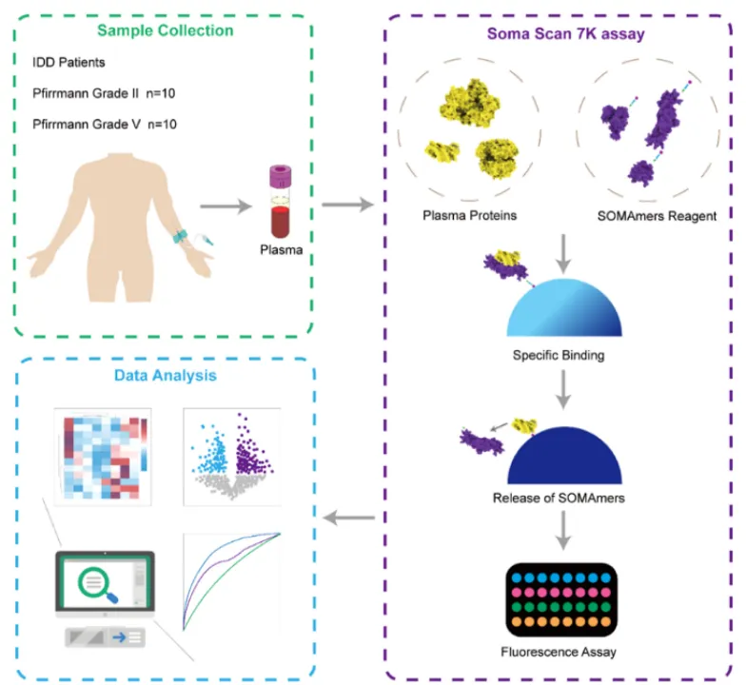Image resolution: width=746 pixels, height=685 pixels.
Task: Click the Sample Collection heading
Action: pos(165,30)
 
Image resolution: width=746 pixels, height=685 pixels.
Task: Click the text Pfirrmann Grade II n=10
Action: pos(104,93)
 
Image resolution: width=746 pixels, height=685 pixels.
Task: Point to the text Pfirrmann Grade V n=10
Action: pos(104,124)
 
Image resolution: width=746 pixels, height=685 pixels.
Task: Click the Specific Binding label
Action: pos(565,354)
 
